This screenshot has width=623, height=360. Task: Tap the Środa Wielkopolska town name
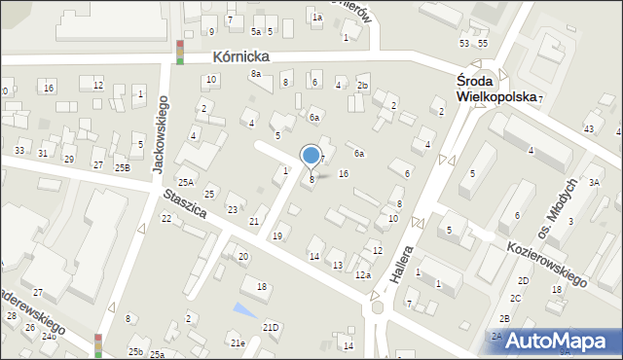pos(497,90)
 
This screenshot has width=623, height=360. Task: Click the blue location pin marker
pos(311,156)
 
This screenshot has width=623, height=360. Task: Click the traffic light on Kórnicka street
pos(179,52)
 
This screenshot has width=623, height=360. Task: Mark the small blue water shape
pos(243,309)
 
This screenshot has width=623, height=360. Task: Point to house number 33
pos(19,151)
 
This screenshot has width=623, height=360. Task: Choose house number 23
pos(232,210)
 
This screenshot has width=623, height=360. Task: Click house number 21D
pos(271,327)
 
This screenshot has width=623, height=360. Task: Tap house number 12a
pos(362,275)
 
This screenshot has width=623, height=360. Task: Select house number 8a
pos(255,74)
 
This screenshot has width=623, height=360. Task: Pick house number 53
pos(464,44)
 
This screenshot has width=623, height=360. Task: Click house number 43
pos(588,129)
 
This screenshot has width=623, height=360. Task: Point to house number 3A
pos(595,182)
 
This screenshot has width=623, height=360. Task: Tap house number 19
pos(277,236)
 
